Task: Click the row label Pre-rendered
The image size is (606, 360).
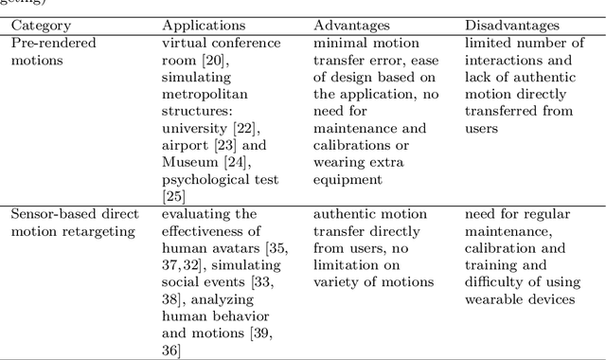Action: coord(51,43)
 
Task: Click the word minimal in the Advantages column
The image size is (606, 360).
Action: coord(340,43)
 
